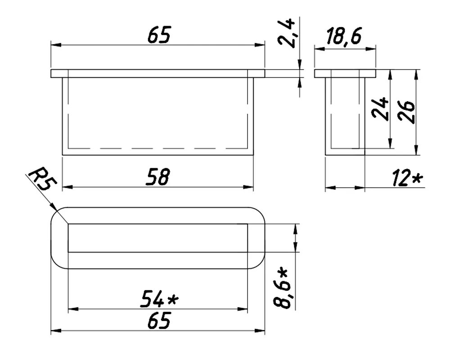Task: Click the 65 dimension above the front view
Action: click(x=159, y=35)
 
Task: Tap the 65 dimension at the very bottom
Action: click(x=159, y=320)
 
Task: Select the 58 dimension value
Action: click(x=158, y=177)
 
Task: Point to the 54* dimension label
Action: click(x=159, y=299)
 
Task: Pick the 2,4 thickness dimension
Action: click(x=287, y=33)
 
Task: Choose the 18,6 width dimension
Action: click(x=344, y=36)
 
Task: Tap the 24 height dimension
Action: click(x=380, y=108)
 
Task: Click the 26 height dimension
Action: click(x=406, y=112)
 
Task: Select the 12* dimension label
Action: click(x=407, y=178)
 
